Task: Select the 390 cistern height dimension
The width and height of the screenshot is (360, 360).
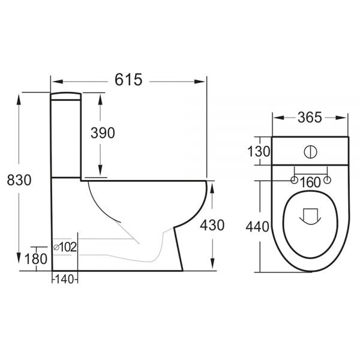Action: click(x=103, y=134)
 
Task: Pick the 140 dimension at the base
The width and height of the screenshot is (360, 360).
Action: click(x=64, y=278)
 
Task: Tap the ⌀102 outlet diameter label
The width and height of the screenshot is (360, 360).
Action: click(x=65, y=246)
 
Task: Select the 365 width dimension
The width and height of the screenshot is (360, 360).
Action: click(x=310, y=118)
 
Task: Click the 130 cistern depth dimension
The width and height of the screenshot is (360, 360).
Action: click(x=259, y=151)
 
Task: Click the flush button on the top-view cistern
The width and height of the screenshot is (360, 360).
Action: click(x=310, y=151)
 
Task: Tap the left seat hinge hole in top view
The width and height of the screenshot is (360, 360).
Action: click(x=294, y=180)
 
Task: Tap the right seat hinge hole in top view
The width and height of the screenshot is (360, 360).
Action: click(x=327, y=180)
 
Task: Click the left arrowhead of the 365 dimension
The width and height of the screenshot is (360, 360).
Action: click(x=277, y=118)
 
